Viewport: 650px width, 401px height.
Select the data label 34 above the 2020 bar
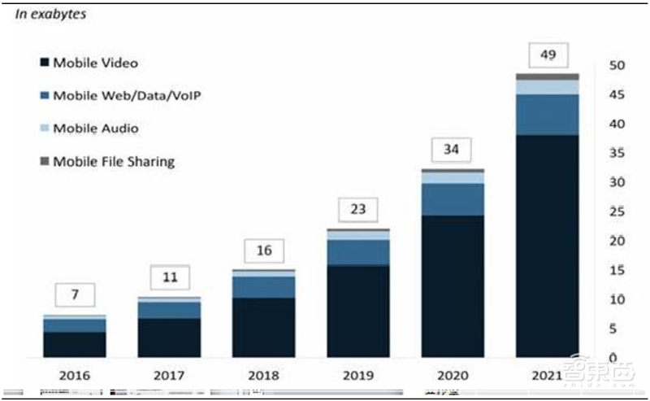tap(453, 149)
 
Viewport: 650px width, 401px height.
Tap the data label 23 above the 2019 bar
tap(357, 209)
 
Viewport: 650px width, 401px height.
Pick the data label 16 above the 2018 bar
tap(263, 251)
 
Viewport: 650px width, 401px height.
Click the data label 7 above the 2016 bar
tap(75, 294)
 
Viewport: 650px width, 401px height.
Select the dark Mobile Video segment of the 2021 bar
tap(547, 244)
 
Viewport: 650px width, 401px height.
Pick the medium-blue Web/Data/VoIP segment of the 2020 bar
tap(453, 199)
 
